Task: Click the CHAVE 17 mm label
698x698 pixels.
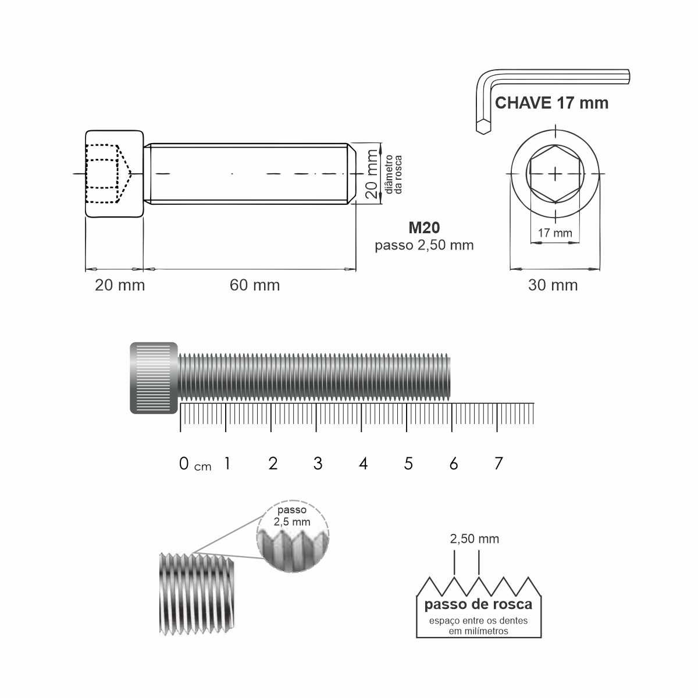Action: pos(551,104)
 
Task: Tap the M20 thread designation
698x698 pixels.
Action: pos(424,228)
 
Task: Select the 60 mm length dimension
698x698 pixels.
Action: pos(255,285)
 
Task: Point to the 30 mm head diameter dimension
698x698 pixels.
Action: pos(553,285)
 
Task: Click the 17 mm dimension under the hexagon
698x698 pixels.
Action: pos(554,233)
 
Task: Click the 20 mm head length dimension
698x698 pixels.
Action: pos(120,285)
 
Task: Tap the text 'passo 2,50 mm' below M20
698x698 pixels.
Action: pos(424,245)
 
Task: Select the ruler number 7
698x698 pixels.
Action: pos(498,464)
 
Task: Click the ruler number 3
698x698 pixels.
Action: pos(318,464)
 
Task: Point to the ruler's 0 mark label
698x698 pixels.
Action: pos(184,464)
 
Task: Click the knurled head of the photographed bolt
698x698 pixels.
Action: pos(154,378)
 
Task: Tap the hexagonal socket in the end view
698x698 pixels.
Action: pos(555,173)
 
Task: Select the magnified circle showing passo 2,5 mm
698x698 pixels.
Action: pos(293,537)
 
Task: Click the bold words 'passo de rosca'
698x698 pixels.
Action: pos(478,604)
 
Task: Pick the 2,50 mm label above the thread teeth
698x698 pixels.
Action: pos(474,539)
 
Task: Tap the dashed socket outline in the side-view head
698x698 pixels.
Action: pos(108,173)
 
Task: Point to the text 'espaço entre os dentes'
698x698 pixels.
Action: pos(478,621)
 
